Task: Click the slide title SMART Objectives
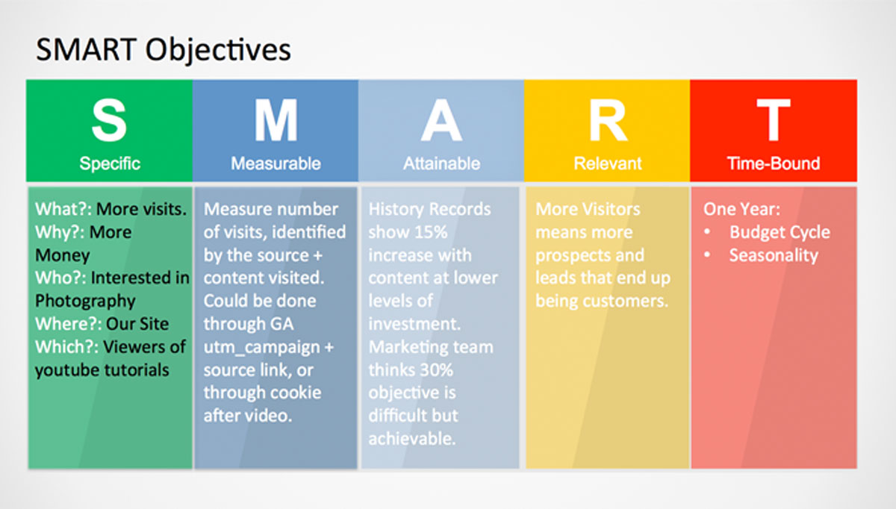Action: (164, 50)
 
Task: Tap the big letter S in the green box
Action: (109, 120)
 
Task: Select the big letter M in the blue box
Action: (276, 120)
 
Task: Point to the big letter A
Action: (441, 120)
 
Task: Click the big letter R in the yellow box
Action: (608, 120)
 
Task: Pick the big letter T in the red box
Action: (774, 120)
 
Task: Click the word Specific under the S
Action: (110, 164)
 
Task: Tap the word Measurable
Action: (276, 163)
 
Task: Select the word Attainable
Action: (441, 163)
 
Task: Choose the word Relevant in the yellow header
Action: (608, 163)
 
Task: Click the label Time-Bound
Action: (774, 163)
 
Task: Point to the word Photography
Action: (85, 302)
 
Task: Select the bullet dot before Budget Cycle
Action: (707, 231)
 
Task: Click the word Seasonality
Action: (774, 255)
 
